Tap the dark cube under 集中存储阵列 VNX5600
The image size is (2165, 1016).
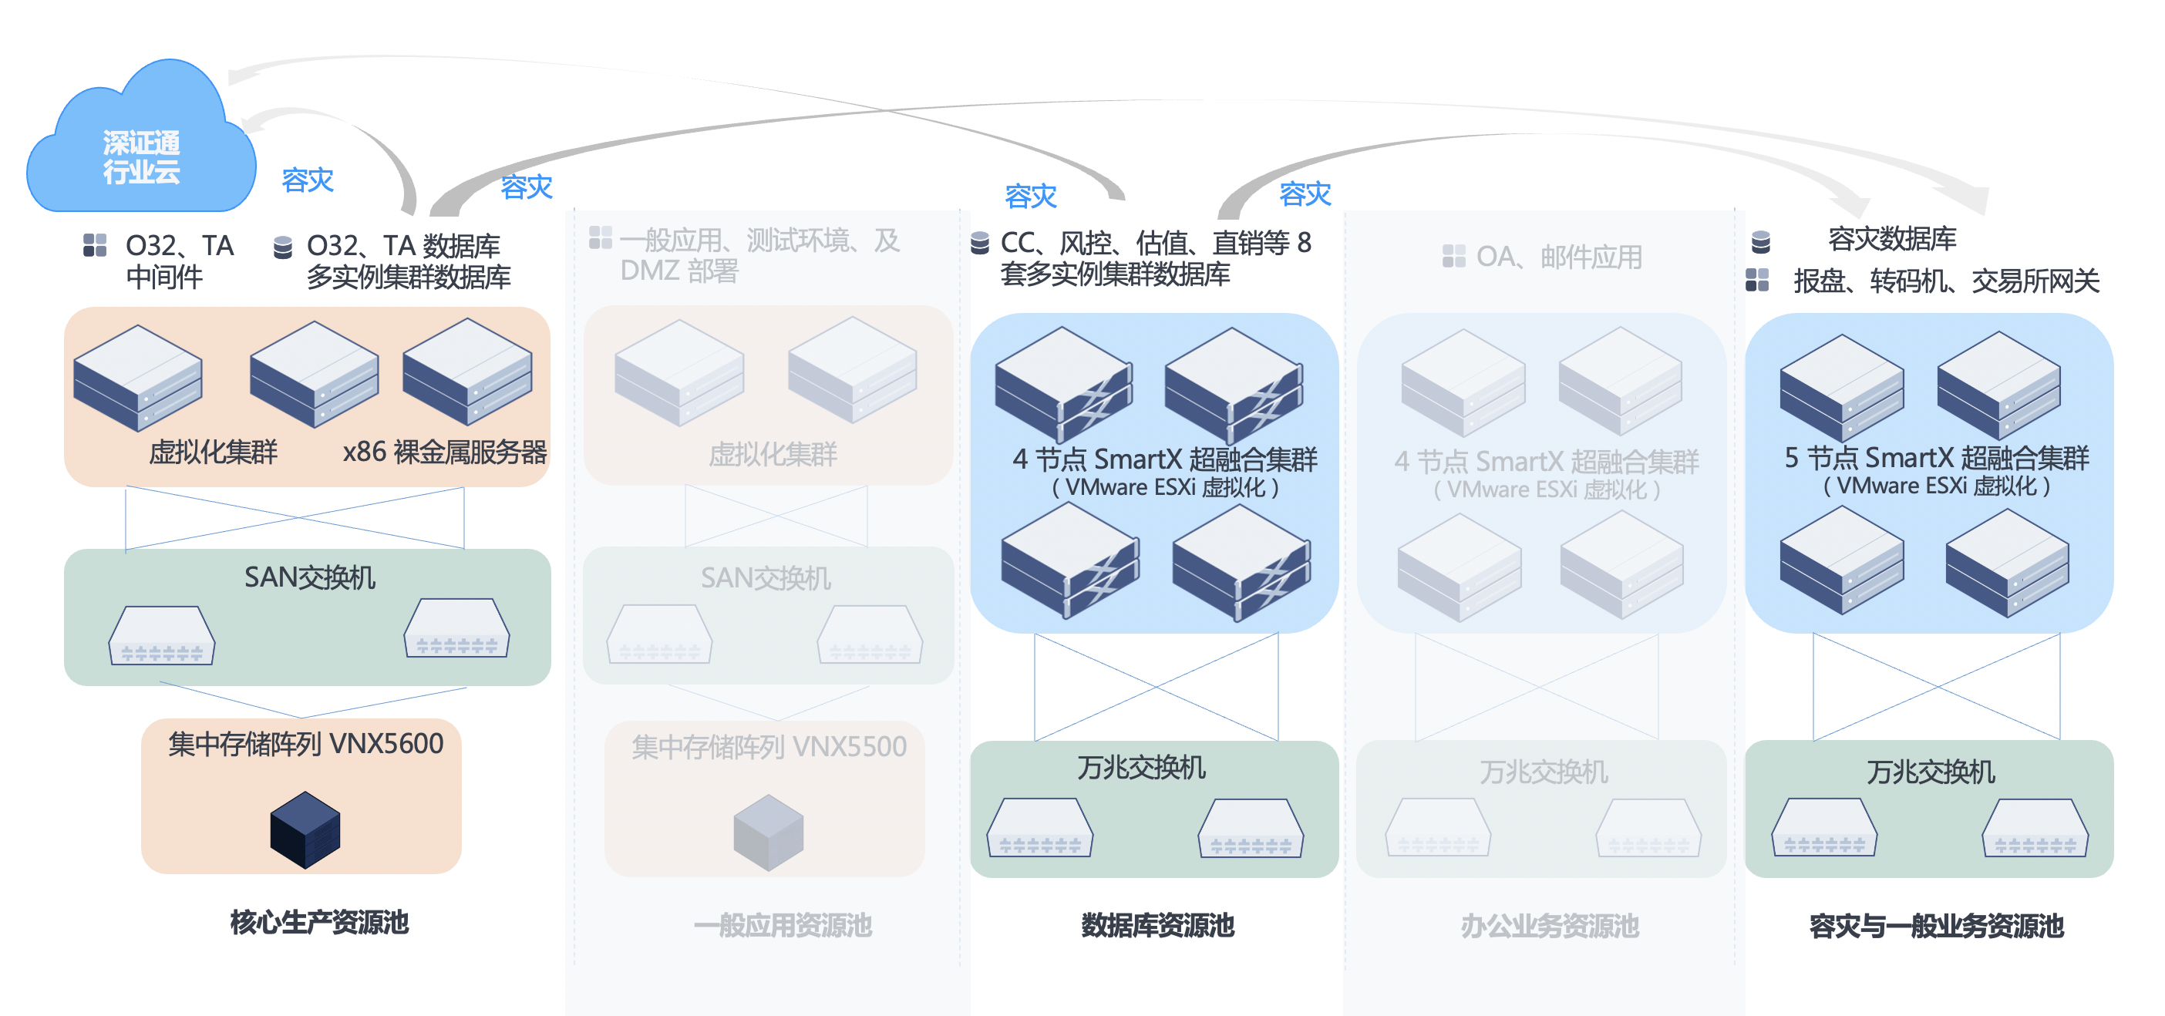(305, 829)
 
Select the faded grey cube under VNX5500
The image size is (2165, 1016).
(768, 833)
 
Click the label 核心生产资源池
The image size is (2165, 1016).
(319, 922)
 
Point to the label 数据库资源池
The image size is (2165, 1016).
(1157, 924)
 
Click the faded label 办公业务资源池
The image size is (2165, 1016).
(1550, 925)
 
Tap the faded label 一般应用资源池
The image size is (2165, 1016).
(783, 925)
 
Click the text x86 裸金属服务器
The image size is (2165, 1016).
(445, 452)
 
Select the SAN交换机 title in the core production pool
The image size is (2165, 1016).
(309, 577)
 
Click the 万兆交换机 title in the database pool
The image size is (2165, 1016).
(1141, 767)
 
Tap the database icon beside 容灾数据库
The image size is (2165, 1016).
(1761, 242)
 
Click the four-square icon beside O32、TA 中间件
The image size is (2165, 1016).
(95, 244)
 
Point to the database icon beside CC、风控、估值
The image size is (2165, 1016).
(980, 242)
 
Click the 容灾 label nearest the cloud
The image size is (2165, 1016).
(308, 180)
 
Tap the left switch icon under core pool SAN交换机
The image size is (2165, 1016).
(161, 636)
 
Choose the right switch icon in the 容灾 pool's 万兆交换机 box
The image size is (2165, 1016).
(2035, 828)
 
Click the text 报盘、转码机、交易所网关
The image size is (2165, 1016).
(1947, 281)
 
